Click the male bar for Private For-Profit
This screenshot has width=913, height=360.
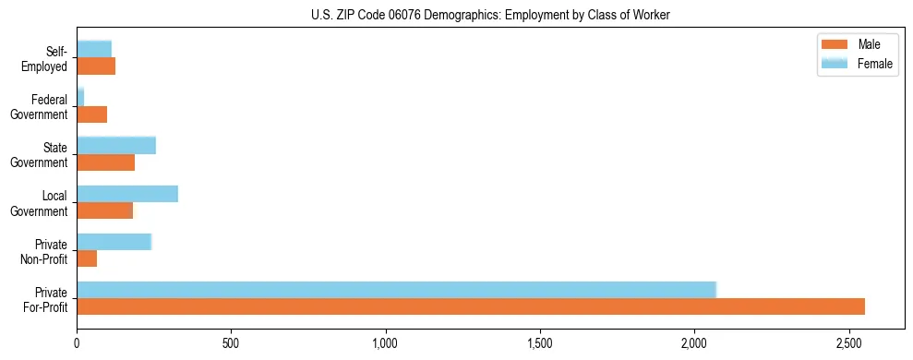tap(471, 306)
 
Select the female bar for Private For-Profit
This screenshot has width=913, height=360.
tap(396, 290)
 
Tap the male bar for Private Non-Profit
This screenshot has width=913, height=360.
tap(87, 258)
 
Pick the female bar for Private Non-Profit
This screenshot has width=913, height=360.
tap(114, 242)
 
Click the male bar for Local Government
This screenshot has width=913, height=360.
tap(104, 210)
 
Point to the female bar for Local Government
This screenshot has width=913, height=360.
tap(127, 194)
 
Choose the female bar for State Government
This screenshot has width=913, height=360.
tap(116, 145)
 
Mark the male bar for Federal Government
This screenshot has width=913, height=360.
tap(91, 114)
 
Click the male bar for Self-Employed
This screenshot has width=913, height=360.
tap(96, 66)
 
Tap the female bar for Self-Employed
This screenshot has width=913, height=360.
tap(94, 49)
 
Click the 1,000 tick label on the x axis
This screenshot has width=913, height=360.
tap(386, 344)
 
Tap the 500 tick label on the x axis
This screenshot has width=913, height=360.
tap(231, 344)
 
